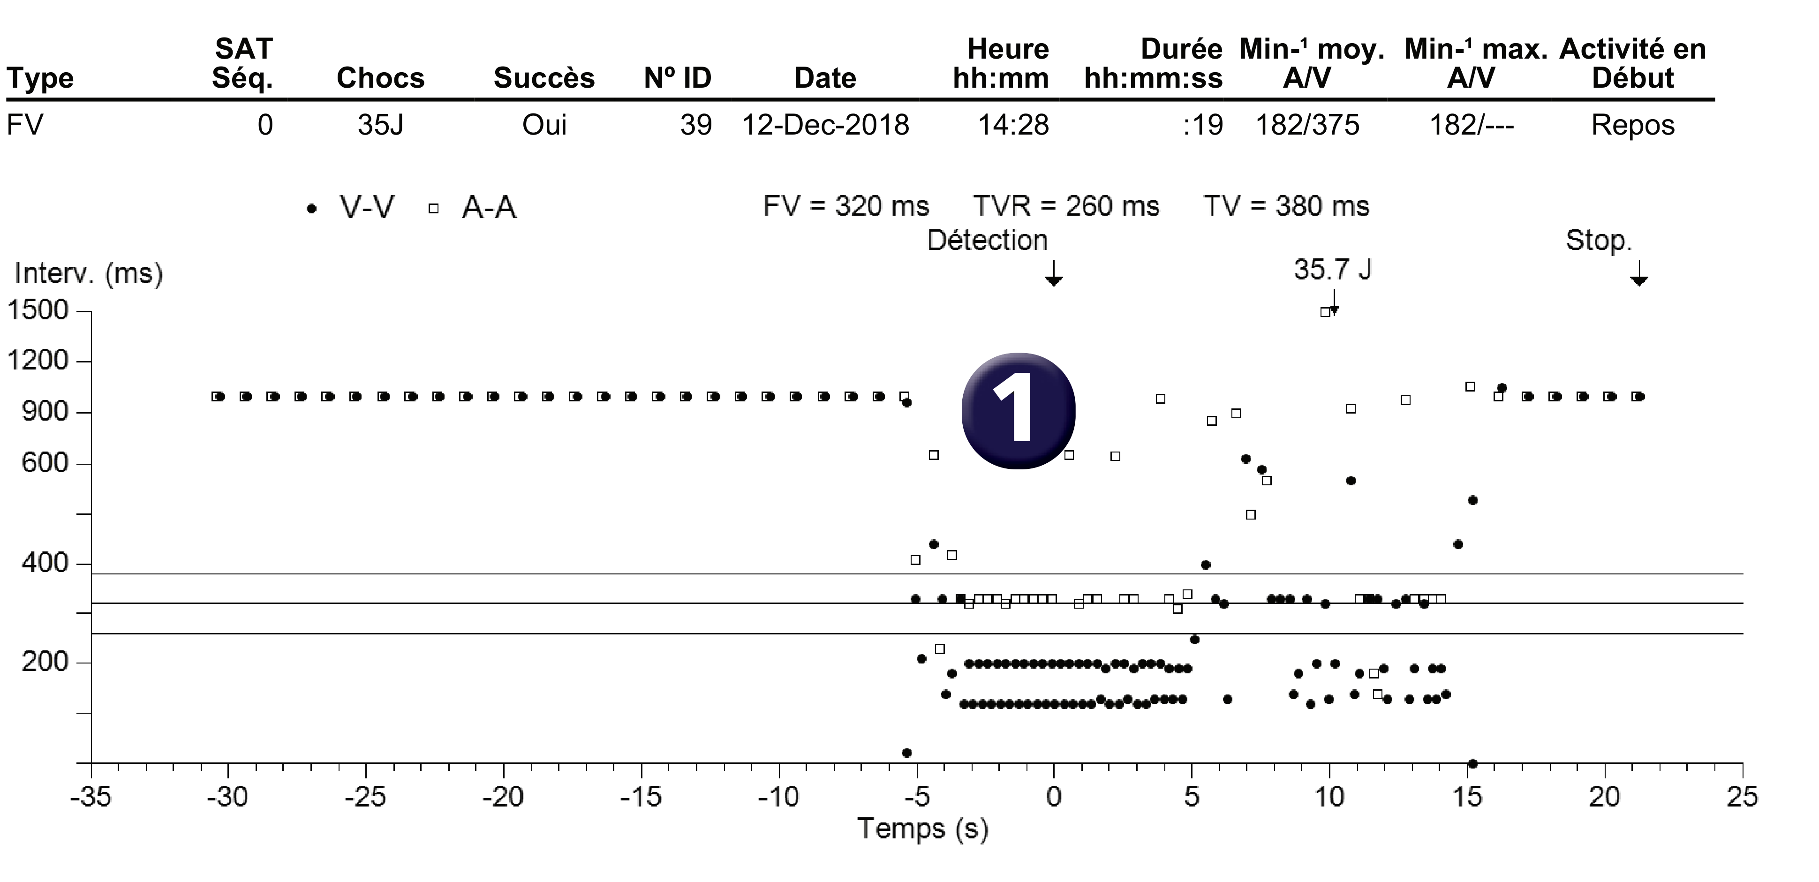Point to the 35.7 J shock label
tap(1332, 269)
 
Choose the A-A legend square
tap(434, 208)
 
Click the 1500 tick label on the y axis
tap(38, 310)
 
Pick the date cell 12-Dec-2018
tap(825, 125)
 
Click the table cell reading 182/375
tap(1307, 125)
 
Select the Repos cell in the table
tap(1632, 126)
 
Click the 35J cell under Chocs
tap(381, 125)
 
